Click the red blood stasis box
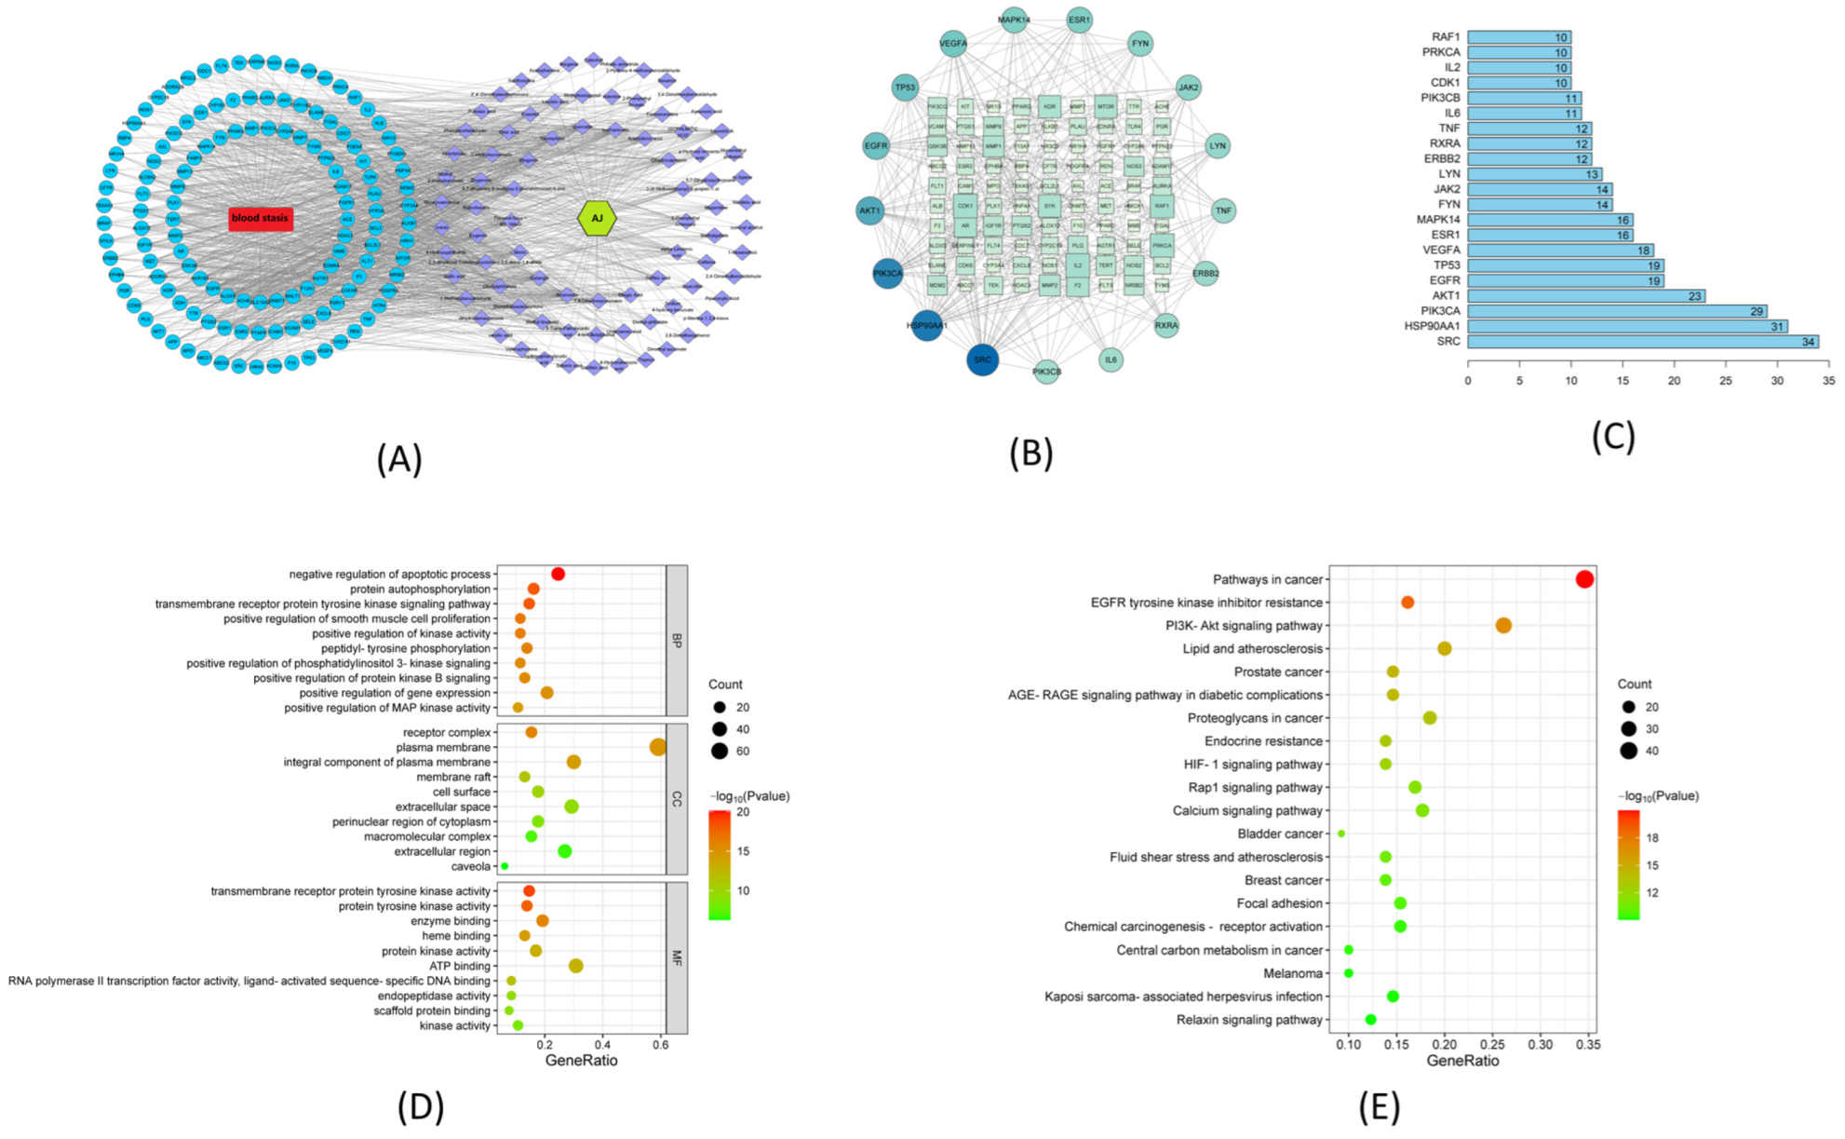(x=261, y=219)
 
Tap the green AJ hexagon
(x=597, y=219)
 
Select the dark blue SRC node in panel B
(x=982, y=359)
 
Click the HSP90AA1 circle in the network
(x=927, y=325)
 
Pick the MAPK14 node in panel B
(x=1014, y=20)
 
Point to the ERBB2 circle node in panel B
(x=1205, y=273)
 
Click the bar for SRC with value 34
(x=1642, y=342)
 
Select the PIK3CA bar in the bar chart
(x=1616, y=311)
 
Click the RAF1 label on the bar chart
(x=1446, y=37)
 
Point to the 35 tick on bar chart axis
(x=1828, y=381)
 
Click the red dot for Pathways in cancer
(x=1584, y=579)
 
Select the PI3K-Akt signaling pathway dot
(x=1503, y=626)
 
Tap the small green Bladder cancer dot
(x=1340, y=834)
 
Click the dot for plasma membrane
(x=658, y=747)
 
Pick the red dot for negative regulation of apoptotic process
(x=558, y=574)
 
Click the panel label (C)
(x=1613, y=436)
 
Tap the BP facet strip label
(x=677, y=641)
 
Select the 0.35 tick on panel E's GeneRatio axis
(x=1588, y=1045)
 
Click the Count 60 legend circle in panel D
(x=720, y=751)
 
